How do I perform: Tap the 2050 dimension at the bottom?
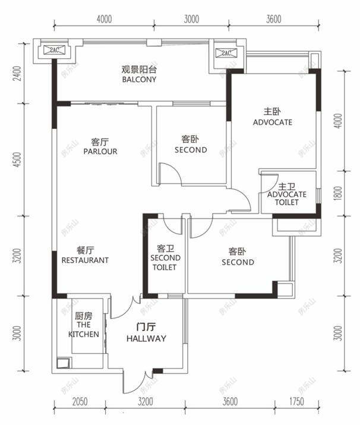tap(79, 402)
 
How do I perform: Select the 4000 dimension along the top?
tap(103, 18)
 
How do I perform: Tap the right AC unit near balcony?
tap(226, 53)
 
